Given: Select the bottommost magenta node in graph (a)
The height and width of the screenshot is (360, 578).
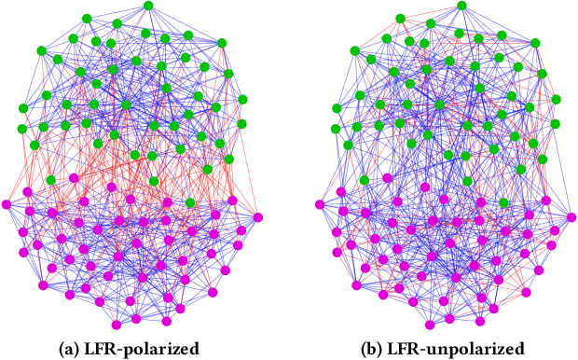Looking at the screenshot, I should coord(117,325).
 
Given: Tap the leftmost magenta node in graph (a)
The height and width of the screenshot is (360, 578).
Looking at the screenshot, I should coord(7,204).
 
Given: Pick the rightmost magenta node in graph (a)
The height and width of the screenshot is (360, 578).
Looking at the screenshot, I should coord(257,217).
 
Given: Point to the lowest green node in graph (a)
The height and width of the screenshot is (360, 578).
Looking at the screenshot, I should coord(155,180).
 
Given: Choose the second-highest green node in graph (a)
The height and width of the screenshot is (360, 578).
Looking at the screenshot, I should coord(86,18).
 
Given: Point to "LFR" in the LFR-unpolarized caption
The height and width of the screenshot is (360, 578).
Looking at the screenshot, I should coord(402,349).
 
